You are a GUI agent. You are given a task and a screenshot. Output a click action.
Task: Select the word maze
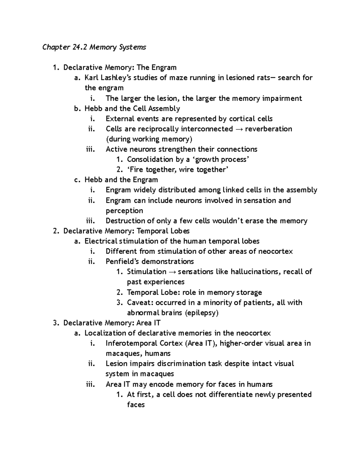[178, 78]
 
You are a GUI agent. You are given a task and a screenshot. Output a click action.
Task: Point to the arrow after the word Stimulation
[172, 272]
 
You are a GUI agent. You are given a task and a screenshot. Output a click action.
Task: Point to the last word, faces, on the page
[136, 404]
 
